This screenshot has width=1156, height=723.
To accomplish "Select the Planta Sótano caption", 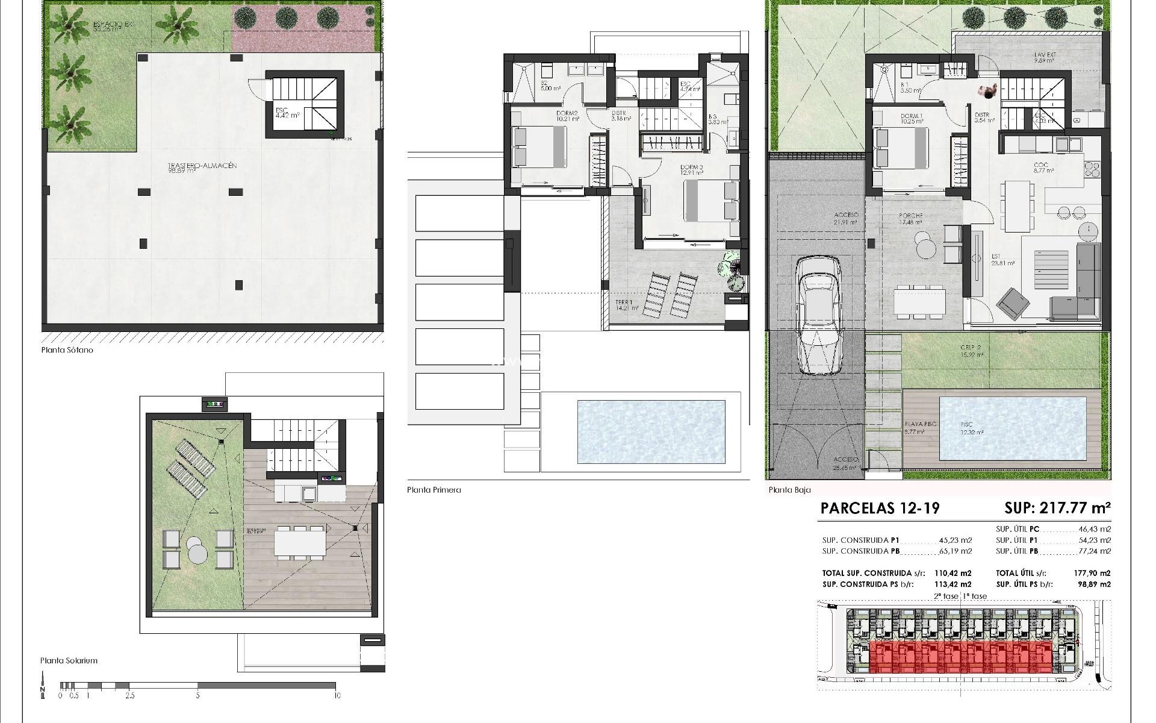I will tap(67, 350).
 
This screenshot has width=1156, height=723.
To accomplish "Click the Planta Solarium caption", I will tap(69, 660).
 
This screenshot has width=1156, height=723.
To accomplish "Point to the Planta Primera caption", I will tap(433, 490).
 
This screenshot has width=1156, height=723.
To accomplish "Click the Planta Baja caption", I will tap(789, 490).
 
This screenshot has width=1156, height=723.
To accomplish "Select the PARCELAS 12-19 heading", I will tap(880, 508).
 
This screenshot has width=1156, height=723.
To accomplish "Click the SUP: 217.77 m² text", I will tap(1057, 508).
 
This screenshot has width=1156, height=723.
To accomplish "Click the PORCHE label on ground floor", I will tap(910, 216).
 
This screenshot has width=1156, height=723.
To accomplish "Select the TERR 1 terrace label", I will tap(623, 302).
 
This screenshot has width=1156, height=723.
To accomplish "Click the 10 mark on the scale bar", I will tap(337, 695).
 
